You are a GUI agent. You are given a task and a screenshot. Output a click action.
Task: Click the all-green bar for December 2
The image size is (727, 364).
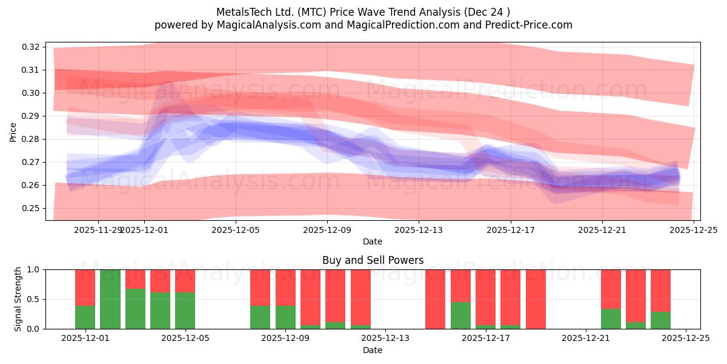coord(110,299)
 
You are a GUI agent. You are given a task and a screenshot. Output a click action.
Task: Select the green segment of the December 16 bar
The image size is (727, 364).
coord(460,315)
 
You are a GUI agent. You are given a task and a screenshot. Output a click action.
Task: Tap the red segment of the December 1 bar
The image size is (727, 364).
coord(85,287)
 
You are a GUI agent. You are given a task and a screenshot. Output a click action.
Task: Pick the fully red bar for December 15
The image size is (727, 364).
coord(435,299)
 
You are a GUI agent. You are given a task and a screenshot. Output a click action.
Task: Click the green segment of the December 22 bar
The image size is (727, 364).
coord(611,319)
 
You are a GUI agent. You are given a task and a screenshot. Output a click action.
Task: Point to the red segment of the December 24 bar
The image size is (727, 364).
coord(660,290)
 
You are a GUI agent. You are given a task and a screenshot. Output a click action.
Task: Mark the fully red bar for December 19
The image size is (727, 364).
coord(536,299)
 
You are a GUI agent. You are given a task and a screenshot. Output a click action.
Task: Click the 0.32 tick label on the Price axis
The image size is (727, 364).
coord(31,47)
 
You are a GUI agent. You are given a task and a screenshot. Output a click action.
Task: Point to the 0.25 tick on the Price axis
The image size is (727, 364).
coord(31,208)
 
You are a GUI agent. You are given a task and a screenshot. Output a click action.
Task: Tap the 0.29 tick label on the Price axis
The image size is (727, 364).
coord(31,116)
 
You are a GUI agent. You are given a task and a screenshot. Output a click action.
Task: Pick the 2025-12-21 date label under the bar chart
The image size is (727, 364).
coord(586,339)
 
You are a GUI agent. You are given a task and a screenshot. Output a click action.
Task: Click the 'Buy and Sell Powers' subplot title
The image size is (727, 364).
coord(373,260)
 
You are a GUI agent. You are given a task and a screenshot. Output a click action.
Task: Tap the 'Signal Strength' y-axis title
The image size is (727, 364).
coord(18,299)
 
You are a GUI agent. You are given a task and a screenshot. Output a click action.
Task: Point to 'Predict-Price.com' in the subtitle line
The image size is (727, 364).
coord(531,25)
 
